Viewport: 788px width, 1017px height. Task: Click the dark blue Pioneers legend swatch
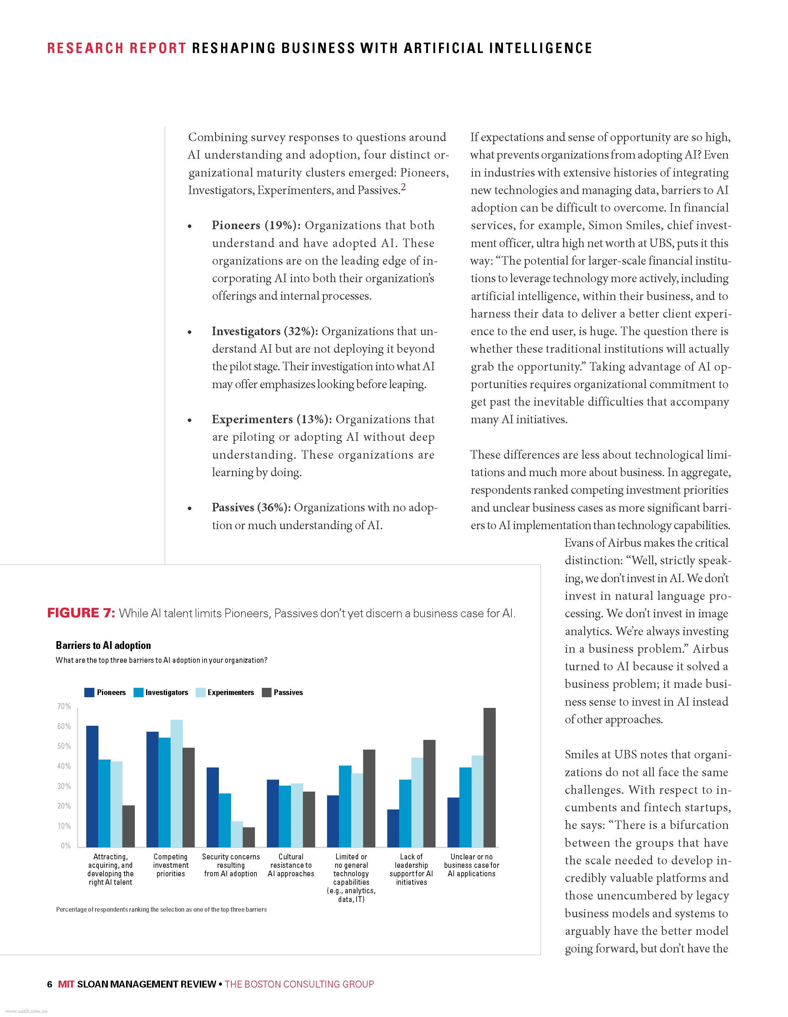tap(89, 693)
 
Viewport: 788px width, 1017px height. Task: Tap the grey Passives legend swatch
tap(267, 693)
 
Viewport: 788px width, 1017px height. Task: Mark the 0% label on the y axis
tap(66, 846)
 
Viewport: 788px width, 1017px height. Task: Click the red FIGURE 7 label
tap(81, 613)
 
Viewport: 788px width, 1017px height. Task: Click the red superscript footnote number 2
tap(403, 188)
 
